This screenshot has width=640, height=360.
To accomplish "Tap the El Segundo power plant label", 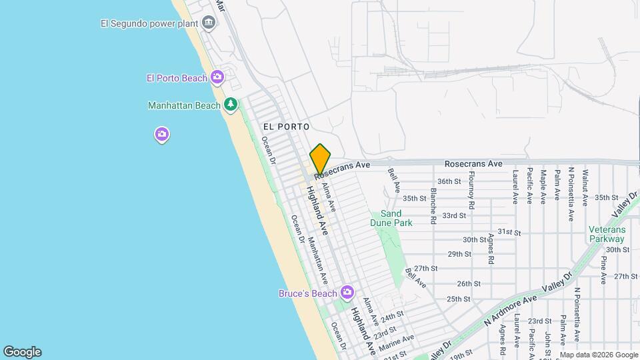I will pyautogui.click(x=149, y=24).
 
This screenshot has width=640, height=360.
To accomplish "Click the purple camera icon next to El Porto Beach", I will pyautogui.click(x=217, y=78).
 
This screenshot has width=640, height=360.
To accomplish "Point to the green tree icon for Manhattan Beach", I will pyautogui.click(x=231, y=105).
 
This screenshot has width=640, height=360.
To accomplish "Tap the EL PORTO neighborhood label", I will pyautogui.click(x=286, y=127).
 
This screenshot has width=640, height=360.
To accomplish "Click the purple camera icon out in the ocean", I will pyautogui.click(x=162, y=135).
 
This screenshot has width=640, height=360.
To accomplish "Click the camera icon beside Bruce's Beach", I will pyautogui.click(x=347, y=293).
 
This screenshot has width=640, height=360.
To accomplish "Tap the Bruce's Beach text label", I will pyautogui.click(x=308, y=293).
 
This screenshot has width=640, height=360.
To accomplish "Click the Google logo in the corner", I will pyautogui.click(x=22, y=352).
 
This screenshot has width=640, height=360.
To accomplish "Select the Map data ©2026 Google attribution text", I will pyautogui.click(x=599, y=355).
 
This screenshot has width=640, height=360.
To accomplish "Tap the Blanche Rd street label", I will pyautogui.click(x=433, y=205).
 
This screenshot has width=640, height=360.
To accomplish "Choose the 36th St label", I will pyautogui.click(x=449, y=181).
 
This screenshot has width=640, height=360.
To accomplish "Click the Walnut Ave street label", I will pyautogui.click(x=585, y=187).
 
